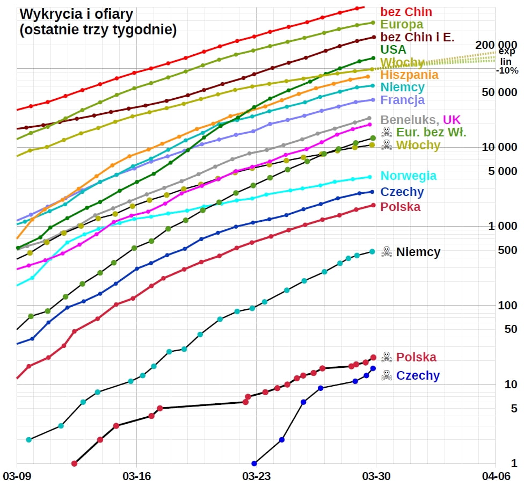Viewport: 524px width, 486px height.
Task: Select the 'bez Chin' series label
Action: click(406, 12)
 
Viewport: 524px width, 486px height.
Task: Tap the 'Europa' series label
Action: click(402, 24)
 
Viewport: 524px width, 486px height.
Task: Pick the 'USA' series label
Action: click(393, 50)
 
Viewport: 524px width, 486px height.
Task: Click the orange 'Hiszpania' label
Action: click(409, 75)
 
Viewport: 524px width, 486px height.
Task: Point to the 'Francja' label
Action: click(402, 100)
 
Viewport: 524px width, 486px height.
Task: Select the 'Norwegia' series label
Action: click(408, 176)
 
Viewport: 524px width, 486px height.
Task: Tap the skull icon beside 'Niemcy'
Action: click(386, 251)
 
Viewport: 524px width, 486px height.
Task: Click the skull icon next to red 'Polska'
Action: click(386, 357)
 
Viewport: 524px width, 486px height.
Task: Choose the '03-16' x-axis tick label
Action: click(137, 476)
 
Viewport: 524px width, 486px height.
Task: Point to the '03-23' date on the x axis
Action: click(256, 476)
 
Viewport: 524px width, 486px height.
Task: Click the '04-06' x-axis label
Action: click(494, 476)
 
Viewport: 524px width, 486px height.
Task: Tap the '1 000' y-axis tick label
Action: click(503, 226)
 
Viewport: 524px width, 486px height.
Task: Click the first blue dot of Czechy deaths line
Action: click(254, 463)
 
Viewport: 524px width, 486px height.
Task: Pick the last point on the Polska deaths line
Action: click(373, 357)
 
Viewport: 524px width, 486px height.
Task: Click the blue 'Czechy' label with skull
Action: click(417, 375)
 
